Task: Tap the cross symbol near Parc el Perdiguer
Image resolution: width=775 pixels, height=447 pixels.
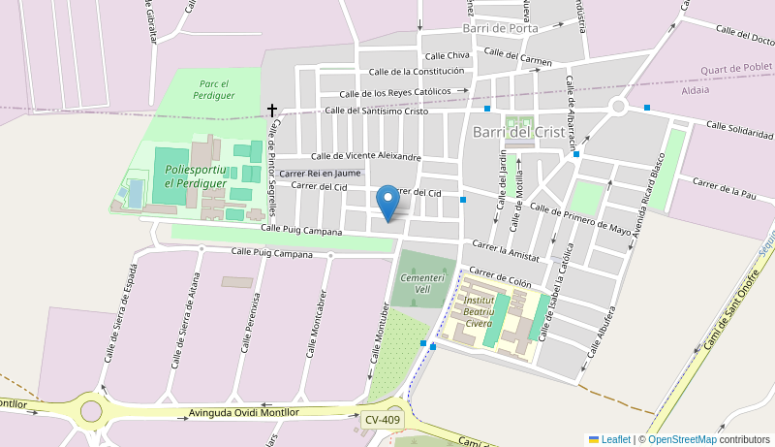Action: click(x=272, y=111)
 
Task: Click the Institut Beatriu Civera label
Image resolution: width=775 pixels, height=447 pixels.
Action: click(x=479, y=311)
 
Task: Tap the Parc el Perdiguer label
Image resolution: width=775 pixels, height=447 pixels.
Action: click(x=213, y=90)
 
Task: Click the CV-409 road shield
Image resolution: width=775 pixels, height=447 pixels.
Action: click(x=383, y=420)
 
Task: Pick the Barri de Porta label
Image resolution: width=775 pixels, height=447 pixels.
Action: click(x=500, y=28)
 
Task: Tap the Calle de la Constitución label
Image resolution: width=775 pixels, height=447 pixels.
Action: click(x=417, y=71)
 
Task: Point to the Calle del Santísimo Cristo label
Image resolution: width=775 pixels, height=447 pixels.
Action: click(x=376, y=111)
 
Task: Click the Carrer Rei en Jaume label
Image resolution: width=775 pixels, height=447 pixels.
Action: click(x=320, y=173)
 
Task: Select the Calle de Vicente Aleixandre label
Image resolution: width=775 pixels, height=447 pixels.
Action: click(x=365, y=155)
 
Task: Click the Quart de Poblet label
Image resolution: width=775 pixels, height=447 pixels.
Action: click(x=737, y=69)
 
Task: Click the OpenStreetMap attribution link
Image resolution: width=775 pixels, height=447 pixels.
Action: click(x=681, y=439)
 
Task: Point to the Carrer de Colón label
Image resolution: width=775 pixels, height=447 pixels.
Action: click(x=500, y=277)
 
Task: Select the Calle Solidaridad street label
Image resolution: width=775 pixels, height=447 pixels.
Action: click(x=739, y=129)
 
